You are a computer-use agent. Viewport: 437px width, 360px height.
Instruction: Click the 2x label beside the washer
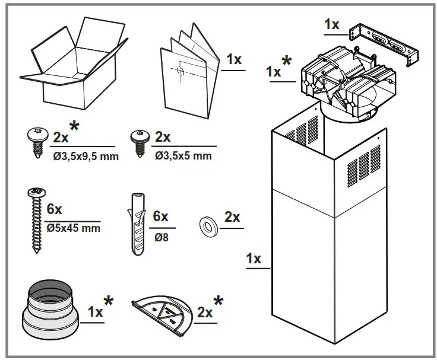click(232, 217)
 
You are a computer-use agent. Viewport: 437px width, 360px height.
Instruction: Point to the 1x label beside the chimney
click(254, 259)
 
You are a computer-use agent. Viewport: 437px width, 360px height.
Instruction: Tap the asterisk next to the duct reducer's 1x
click(109, 302)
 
